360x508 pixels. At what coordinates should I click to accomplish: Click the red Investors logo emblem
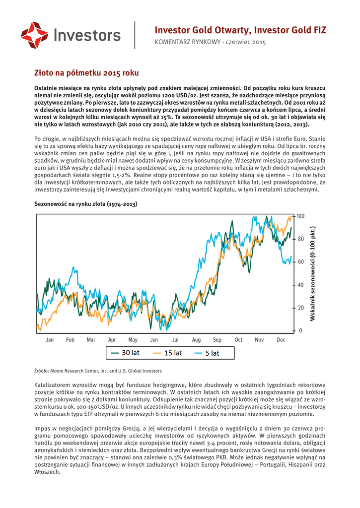(x=34, y=35)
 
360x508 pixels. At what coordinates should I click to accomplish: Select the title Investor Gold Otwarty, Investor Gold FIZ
(x=240, y=30)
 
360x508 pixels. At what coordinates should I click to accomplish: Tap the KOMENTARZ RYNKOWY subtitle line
(x=211, y=42)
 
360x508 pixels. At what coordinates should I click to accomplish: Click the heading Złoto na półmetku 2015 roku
(x=86, y=72)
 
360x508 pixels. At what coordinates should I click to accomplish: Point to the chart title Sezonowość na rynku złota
(x=85, y=204)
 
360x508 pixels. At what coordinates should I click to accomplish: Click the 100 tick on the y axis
(x=300, y=216)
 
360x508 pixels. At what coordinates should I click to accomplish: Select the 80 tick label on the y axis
(x=300, y=239)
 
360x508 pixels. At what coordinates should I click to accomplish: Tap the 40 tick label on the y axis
(x=300, y=285)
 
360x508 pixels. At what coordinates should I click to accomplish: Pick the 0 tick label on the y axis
(x=299, y=330)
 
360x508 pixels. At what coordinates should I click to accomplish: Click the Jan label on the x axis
(x=50, y=340)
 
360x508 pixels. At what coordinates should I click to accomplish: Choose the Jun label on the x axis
(x=154, y=340)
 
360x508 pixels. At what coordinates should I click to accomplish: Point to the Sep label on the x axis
(x=217, y=340)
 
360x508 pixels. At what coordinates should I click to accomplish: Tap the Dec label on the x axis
(x=281, y=340)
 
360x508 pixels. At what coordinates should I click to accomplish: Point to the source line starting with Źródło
(x=98, y=371)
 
